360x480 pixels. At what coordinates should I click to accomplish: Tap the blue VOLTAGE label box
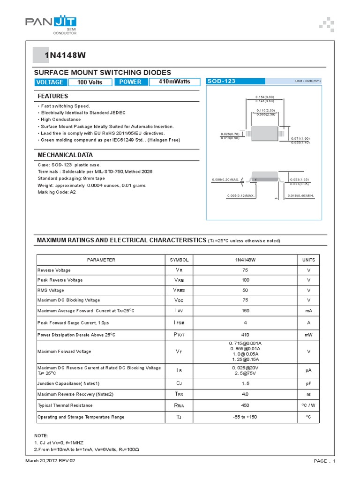pos(49,82)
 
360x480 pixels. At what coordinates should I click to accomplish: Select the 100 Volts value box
pos(90,82)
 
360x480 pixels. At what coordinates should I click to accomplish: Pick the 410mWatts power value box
pos(174,82)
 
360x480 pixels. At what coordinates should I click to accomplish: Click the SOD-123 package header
pos(222,81)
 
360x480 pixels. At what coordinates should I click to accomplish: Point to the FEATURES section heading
pos(52,96)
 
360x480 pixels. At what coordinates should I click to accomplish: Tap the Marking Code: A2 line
pos(56,192)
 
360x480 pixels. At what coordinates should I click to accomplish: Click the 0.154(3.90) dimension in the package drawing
pos(264,97)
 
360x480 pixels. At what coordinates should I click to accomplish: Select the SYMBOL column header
pos(179,260)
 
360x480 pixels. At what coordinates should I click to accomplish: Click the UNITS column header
pos(308,260)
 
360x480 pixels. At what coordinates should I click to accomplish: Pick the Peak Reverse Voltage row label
pos(60,280)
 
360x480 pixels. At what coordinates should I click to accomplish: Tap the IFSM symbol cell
pos(179,323)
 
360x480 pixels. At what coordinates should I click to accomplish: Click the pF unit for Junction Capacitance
pos(308,383)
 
